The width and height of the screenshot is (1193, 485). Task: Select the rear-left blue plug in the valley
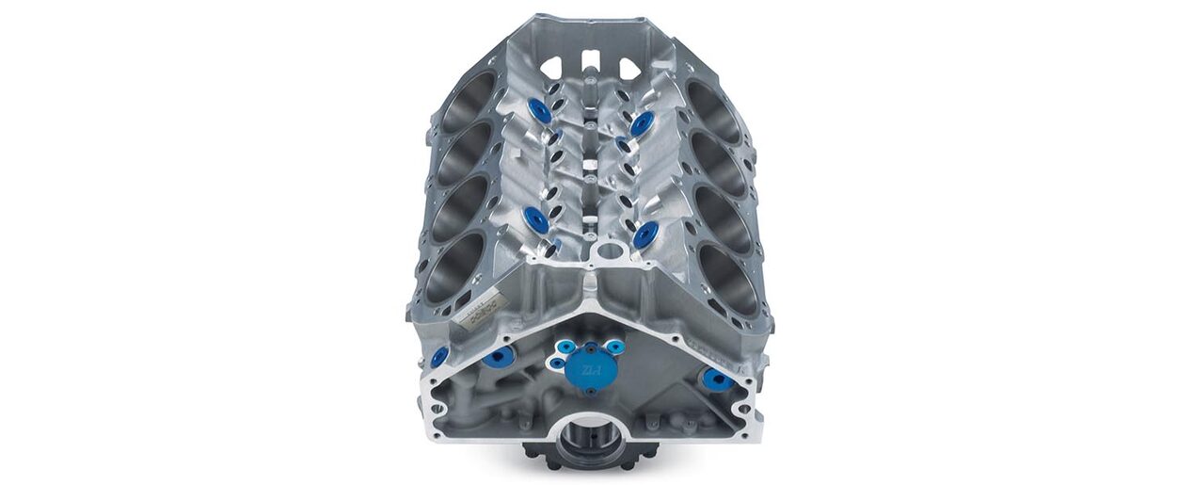pyautogui.click(x=540, y=112)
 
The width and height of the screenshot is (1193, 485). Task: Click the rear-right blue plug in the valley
pyautogui.click(x=643, y=123)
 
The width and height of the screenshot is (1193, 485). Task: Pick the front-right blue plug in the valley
pyautogui.click(x=644, y=235)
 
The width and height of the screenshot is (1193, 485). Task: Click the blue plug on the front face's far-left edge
pyautogui.click(x=439, y=357)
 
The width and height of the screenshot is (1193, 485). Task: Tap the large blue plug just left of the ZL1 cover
pyautogui.click(x=498, y=356)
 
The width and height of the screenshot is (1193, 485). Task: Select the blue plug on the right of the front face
pyautogui.click(x=718, y=380)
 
